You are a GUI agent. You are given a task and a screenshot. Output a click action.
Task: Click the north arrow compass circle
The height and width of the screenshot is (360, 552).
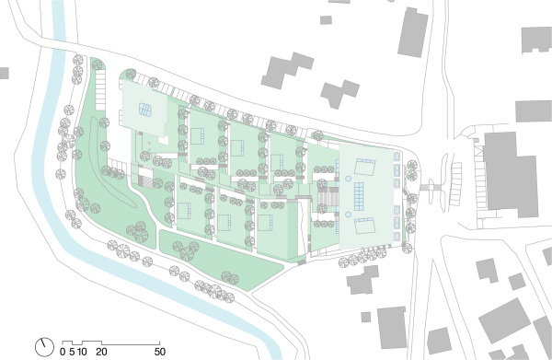click(x=44, y=347)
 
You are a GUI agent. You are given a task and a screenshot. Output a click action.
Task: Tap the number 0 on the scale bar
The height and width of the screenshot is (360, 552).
click(x=63, y=352)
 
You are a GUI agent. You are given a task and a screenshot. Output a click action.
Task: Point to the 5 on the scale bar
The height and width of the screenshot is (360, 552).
click(x=71, y=352)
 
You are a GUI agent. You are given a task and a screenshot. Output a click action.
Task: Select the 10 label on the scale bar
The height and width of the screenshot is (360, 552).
click(x=82, y=352)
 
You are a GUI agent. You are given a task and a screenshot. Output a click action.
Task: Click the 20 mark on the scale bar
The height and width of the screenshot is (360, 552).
click(x=103, y=352)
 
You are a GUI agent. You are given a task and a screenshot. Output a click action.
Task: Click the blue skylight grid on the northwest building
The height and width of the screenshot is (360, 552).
click(x=145, y=110)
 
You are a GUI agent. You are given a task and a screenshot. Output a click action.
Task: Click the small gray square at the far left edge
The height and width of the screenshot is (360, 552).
click(x=4, y=73)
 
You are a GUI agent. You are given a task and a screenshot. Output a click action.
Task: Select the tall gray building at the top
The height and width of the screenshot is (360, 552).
click(x=412, y=35)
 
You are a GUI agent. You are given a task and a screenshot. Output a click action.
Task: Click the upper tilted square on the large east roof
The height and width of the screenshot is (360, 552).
click(x=365, y=169)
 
